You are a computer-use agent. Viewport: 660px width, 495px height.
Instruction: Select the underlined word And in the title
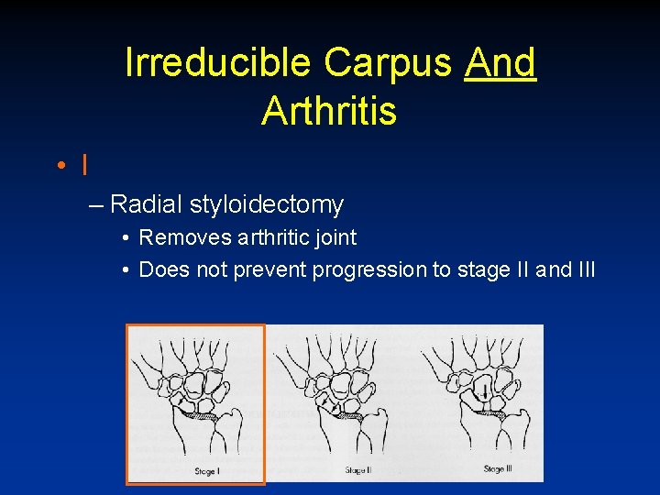(x=500, y=62)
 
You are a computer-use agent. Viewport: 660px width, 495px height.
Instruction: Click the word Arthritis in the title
(x=329, y=111)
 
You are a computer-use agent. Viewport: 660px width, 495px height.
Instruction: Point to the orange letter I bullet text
(x=84, y=166)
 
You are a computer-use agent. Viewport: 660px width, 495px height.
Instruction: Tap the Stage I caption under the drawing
(x=204, y=471)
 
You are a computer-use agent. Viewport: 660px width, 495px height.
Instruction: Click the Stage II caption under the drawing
(x=357, y=470)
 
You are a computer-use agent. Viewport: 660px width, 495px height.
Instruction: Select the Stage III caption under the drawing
(x=496, y=469)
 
